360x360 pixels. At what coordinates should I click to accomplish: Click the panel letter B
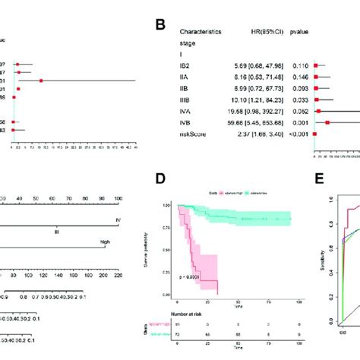click(161, 24)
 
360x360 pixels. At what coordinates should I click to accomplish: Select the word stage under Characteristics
click(187, 44)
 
